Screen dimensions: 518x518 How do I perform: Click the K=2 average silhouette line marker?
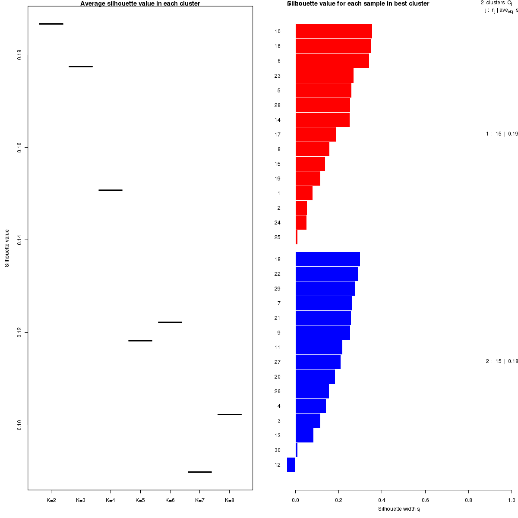[51, 24]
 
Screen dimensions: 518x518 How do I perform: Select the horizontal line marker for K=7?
[199, 472]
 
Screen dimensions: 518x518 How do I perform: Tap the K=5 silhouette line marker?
[140, 341]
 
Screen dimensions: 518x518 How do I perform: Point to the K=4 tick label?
[111, 500]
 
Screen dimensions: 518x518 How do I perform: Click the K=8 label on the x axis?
[230, 500]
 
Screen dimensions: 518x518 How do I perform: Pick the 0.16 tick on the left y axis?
[19, 148]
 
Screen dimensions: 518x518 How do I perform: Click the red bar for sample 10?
[334, 32]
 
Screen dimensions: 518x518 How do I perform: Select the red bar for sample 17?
[316, 134]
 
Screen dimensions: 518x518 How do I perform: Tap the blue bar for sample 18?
[328, 259]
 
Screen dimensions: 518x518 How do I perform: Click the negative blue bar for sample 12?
[291, 464]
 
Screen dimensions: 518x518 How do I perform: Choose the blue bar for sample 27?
[318, 362]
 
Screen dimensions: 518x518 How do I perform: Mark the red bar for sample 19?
[308, 178]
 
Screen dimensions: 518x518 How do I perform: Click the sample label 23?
[277, 76]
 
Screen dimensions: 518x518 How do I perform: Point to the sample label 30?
[277, 450]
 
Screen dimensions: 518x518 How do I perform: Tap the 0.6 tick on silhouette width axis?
[425, 500]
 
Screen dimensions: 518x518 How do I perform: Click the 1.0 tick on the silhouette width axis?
[511, 500]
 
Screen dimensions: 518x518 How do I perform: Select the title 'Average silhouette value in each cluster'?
[140, 3]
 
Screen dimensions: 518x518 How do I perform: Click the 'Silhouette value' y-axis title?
[7, 248]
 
